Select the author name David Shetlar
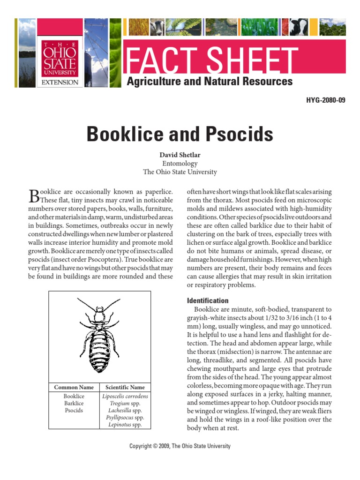(180, 155)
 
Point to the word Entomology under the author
(180, 164)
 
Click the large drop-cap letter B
(34, 195)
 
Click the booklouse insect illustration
(99, 334)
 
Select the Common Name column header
(74, 387)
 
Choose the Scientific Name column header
(125, 387)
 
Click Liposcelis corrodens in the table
(125, 397)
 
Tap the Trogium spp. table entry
(125, 404)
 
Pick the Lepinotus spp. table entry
(125, 425)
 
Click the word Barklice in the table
(74, 404)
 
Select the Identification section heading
(208, 301)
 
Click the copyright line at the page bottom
(180, 446)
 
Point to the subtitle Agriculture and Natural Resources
(210, 82)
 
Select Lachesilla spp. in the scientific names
(125, 411)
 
